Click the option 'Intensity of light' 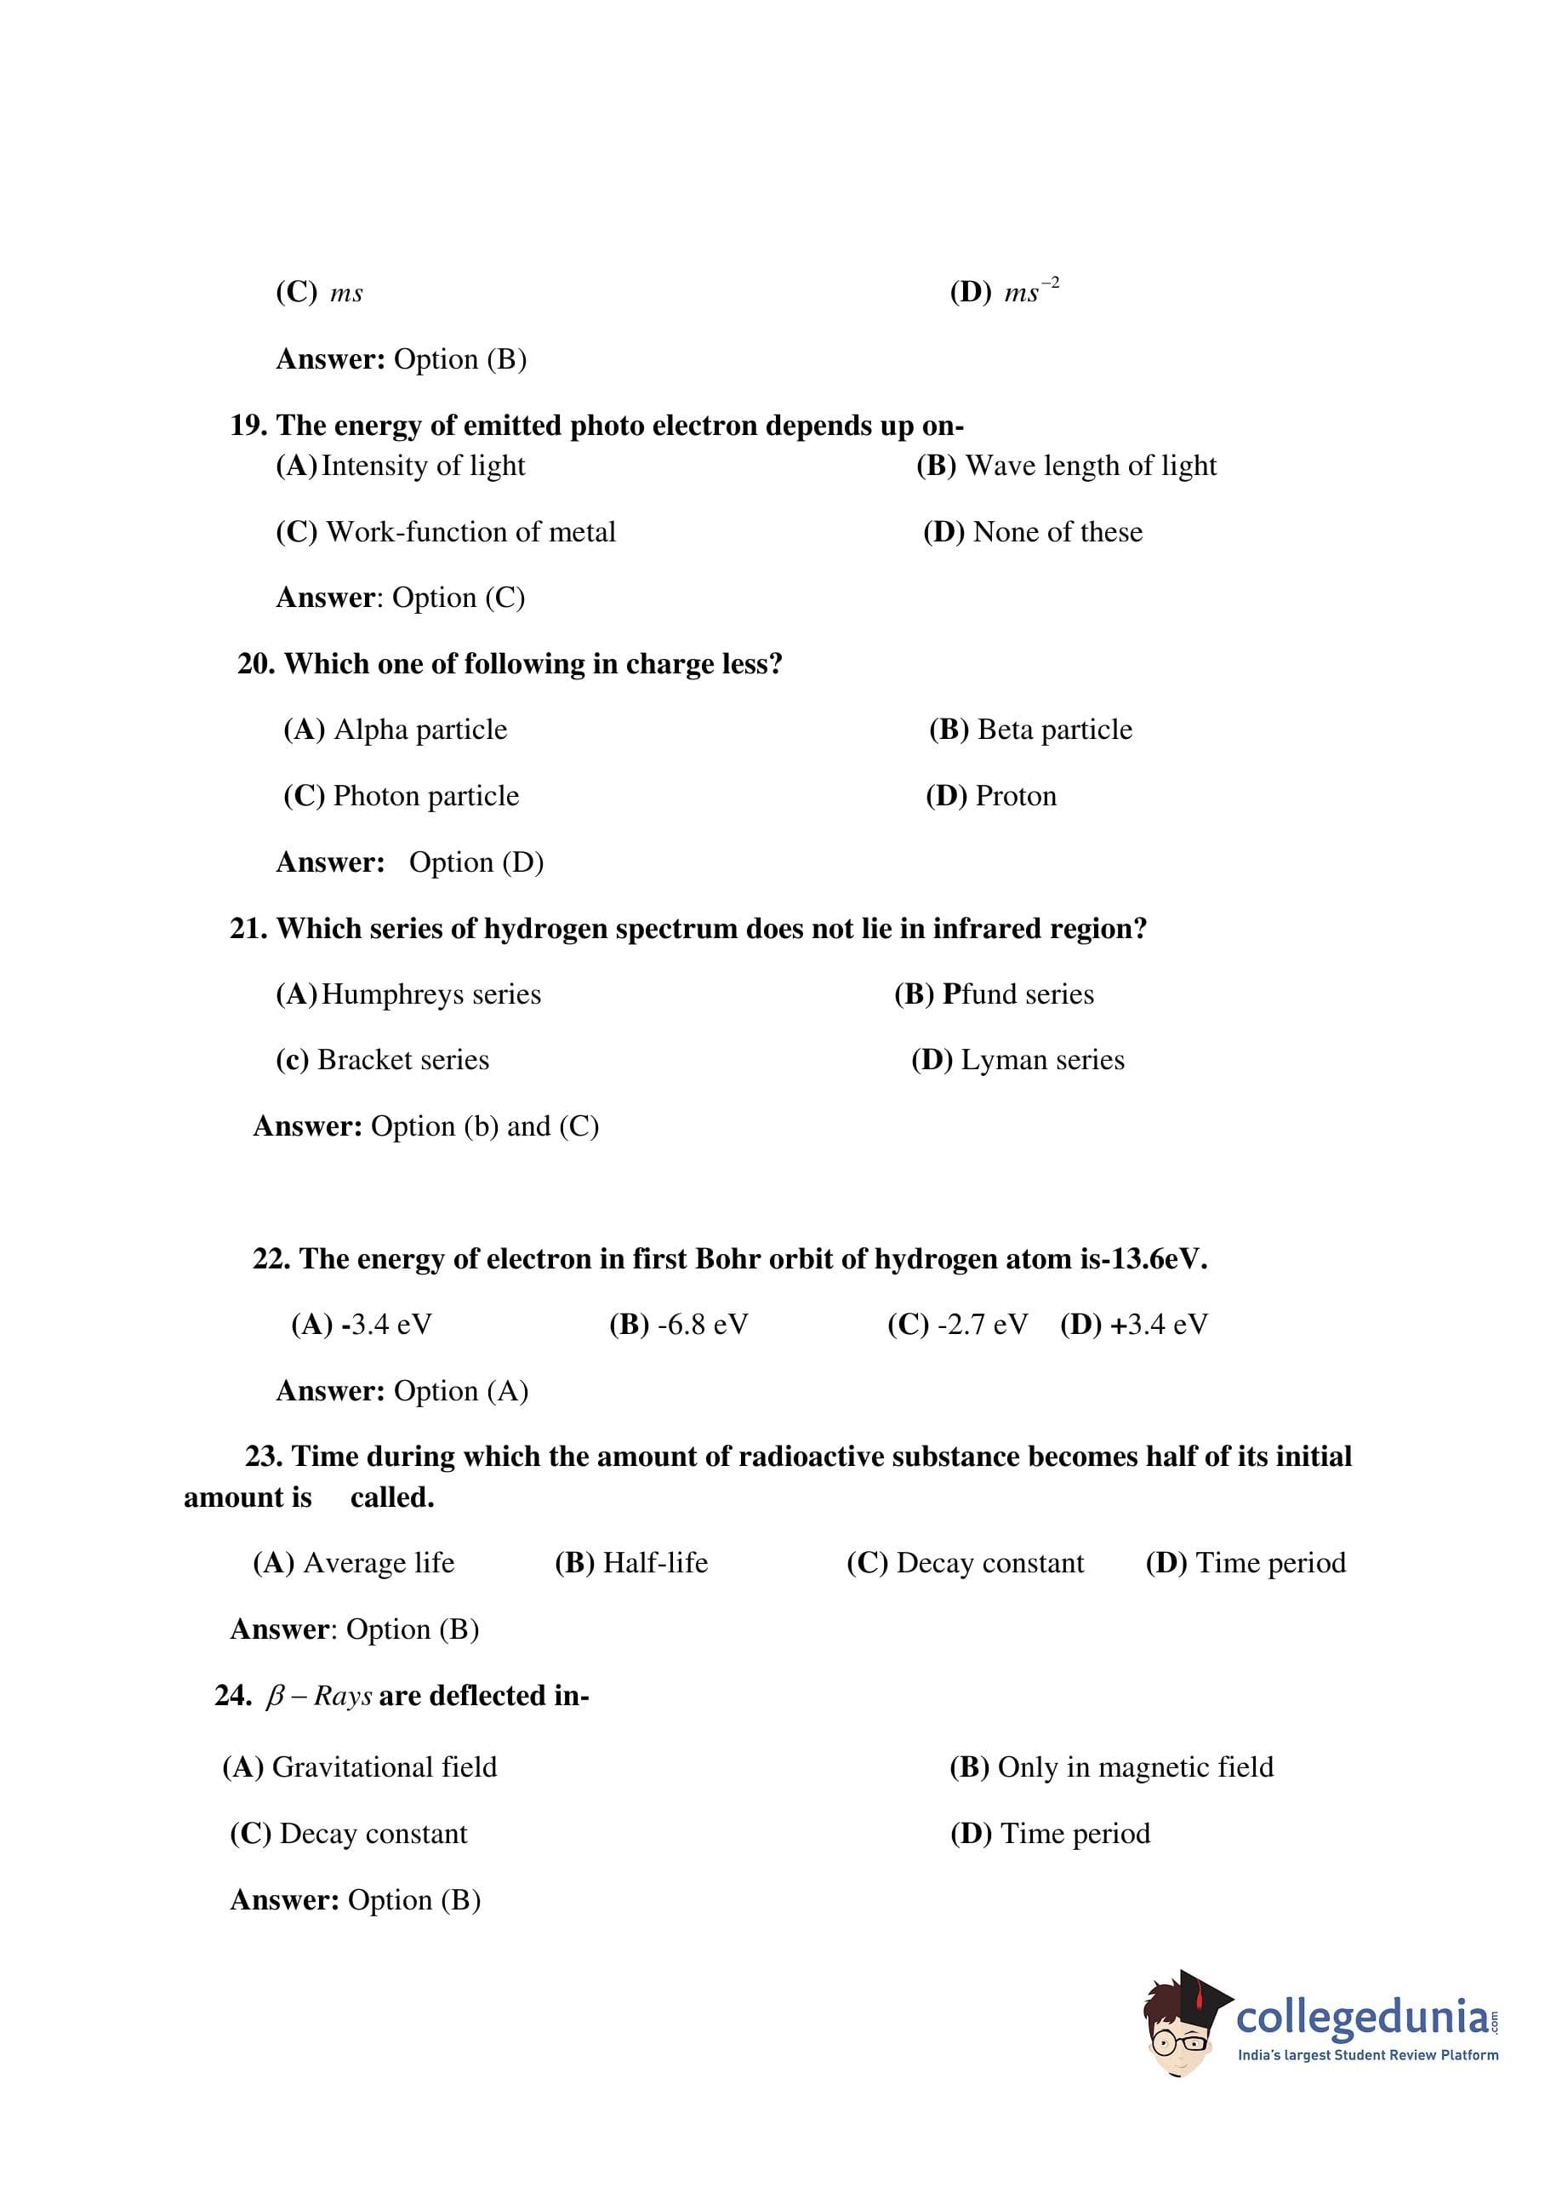point(422,466)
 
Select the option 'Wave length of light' point(1090,466)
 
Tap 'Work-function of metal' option point(470,532)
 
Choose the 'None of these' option point(1057,532)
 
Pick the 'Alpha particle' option point(419,730)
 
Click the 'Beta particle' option point(1054,730)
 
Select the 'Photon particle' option point(425,796)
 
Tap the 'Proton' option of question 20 point(1015,796)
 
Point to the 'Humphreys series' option point(430,994)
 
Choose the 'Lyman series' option point(1041,1059)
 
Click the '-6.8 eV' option point(702,1324)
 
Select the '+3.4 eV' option point(1158,1324)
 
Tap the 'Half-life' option point(655,1563)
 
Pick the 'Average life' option point(378,1563)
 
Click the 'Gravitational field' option point(384,1766)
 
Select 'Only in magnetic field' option point(1135,1766)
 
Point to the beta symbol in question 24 point(275,1697)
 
